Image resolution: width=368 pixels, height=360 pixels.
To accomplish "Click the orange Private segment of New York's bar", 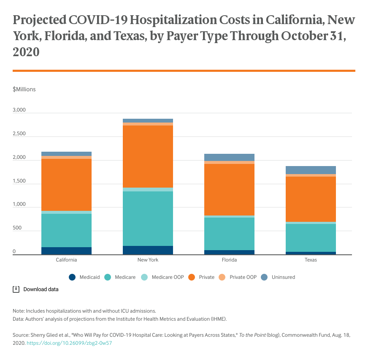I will coord(148,156).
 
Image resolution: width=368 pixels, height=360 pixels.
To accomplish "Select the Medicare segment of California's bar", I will coord(66,230).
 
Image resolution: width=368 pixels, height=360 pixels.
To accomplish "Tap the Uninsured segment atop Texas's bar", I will coord(311,170).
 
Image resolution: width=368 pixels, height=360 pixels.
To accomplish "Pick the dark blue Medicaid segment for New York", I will coord(148,250).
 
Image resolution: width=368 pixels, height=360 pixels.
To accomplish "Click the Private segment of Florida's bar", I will coord(229,189).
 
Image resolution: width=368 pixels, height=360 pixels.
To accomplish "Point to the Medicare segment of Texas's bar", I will coord(311,237).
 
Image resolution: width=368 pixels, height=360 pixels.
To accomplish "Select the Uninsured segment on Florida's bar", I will coord(229,157).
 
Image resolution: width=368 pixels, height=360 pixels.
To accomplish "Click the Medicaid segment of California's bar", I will coord(66,251).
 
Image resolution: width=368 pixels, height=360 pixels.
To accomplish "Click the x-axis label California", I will coord(66,260).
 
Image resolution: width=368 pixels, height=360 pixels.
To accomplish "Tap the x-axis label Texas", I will coord(311,260).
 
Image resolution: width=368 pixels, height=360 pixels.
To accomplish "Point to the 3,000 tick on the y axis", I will coord(19,110).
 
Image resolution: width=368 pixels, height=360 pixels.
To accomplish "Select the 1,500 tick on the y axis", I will coord(19,181).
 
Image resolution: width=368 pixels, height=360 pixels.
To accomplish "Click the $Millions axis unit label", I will coord(24,89).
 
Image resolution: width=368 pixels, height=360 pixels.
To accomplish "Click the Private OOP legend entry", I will coord(239,277).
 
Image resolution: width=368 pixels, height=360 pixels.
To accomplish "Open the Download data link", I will coord(41,289).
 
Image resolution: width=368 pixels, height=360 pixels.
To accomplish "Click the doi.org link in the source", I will coord(69,343).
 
